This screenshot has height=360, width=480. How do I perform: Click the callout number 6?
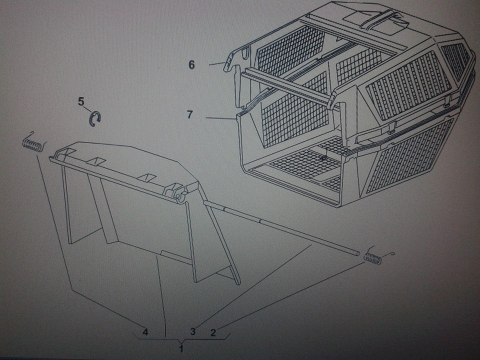(x=191, y=65)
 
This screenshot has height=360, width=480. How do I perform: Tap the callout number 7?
(x=190, y=114)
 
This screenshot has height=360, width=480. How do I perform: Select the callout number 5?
(x=81, y=101)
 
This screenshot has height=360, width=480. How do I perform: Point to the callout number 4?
(x=145, y=331)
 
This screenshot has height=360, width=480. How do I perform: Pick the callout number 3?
(x=193, y=331)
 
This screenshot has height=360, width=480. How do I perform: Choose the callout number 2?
(x=213, y=332)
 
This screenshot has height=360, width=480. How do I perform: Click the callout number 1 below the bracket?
(x=181, y=348)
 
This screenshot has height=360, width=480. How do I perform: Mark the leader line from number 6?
(x=217, y=63)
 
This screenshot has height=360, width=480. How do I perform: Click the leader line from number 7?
(x=221, y=118)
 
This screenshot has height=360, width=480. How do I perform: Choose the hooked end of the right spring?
(x=390, y=254)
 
